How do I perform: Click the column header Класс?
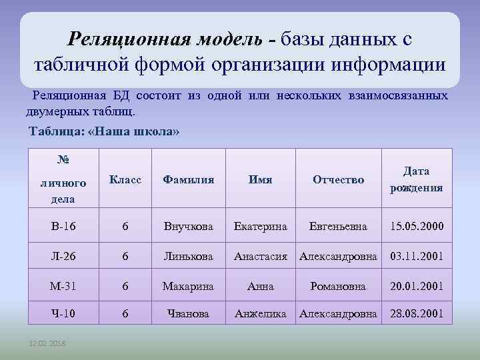pos(125,180)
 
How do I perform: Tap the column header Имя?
pos(260,180)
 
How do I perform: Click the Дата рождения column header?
pos(416,179)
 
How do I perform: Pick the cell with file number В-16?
pos(63,227)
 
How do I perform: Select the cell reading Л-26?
pos(63,257)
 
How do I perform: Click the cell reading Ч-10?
pos(63,313)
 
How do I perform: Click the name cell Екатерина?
pos(260,227)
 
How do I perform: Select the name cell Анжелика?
pos(260,313)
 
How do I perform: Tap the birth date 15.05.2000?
pos(417,227)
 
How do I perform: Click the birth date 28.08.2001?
pos(417,313)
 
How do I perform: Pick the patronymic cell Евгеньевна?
pos(337,227)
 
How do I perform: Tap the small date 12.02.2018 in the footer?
pos(47,344)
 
